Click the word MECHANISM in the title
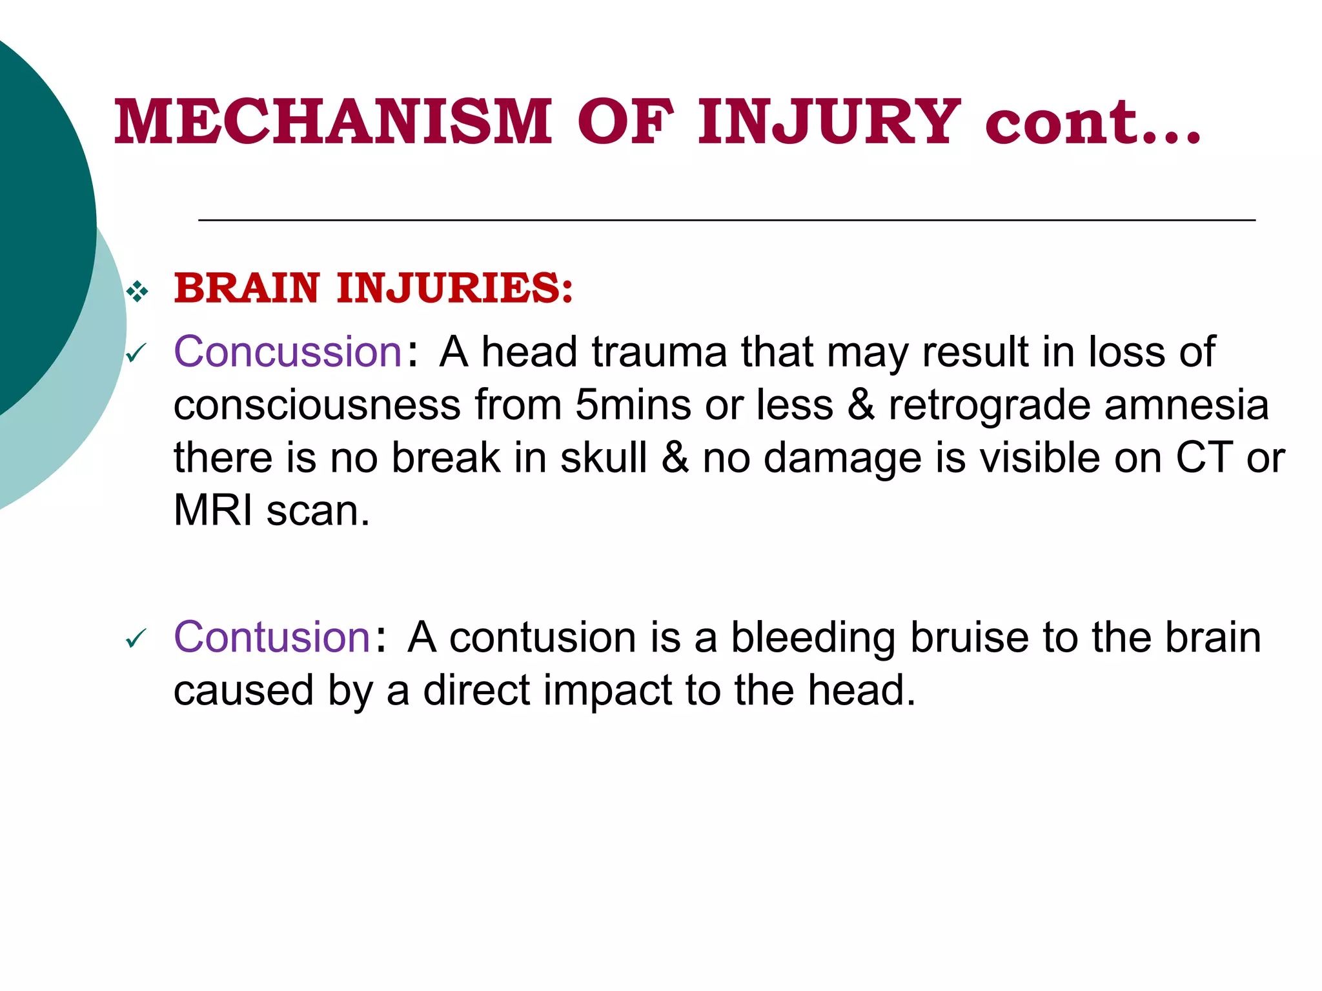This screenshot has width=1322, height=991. (333, 122)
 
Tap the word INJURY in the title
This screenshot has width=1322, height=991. (829, 122)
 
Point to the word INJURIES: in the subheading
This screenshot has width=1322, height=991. (455, 288)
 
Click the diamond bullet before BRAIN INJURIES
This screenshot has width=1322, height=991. (137, 292)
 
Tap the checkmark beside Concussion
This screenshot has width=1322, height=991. (136, 354)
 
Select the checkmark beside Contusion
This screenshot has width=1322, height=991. (136, 639)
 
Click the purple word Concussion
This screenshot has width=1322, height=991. (288, 352)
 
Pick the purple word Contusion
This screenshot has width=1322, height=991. (272, 637)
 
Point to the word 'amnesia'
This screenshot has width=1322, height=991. (1186, 405)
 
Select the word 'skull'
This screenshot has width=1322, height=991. (604, 458)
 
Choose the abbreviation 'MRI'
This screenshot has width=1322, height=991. (213, 511)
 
